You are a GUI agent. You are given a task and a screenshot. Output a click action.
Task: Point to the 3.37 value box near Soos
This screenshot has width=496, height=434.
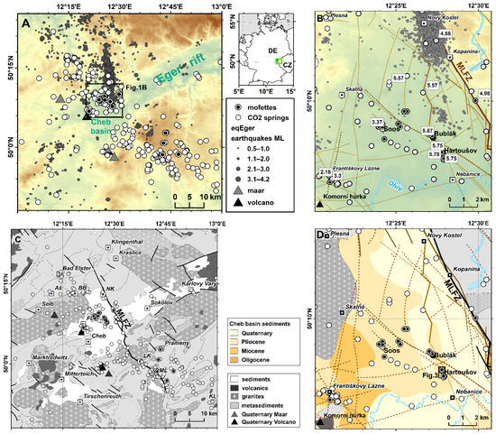(x=377, y=121)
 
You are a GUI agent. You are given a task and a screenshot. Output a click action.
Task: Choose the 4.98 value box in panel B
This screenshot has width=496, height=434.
(x=484, y=94)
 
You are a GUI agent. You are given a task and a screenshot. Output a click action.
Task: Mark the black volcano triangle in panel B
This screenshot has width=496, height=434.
(x=321, y=206)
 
